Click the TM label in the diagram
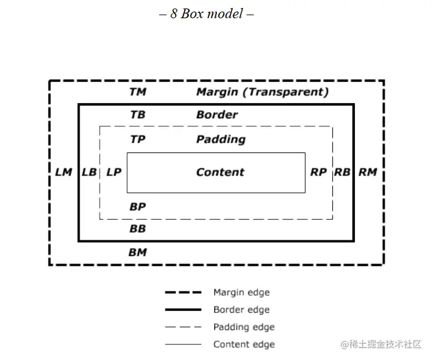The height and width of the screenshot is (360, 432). point(138,92)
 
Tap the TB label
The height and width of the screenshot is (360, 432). point(138,115)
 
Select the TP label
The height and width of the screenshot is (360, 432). point(138,140)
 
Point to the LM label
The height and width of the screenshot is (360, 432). point(64,172)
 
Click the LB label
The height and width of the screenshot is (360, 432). point(89,172)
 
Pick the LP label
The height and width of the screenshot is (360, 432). point(114,172)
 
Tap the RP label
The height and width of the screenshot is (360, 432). point(318,172)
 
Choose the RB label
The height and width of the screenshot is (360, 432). point(342,172)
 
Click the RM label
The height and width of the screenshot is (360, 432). point(368,172)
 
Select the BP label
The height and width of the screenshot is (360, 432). point(138,207)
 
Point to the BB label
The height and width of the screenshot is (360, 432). point(138,229)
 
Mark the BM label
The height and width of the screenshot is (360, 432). point(138,253)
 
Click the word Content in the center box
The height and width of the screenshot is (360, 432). point(220,172)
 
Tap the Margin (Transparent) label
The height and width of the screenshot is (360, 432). point(262,92)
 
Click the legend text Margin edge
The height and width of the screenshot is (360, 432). point(241,293)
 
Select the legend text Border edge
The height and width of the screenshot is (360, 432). point(241,310)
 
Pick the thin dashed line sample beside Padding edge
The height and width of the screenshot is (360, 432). point(183,327)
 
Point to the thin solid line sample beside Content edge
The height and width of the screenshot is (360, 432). point(183,345)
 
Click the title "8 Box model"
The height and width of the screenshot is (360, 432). point(206,13)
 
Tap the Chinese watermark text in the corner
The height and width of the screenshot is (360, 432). point(381,344)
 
